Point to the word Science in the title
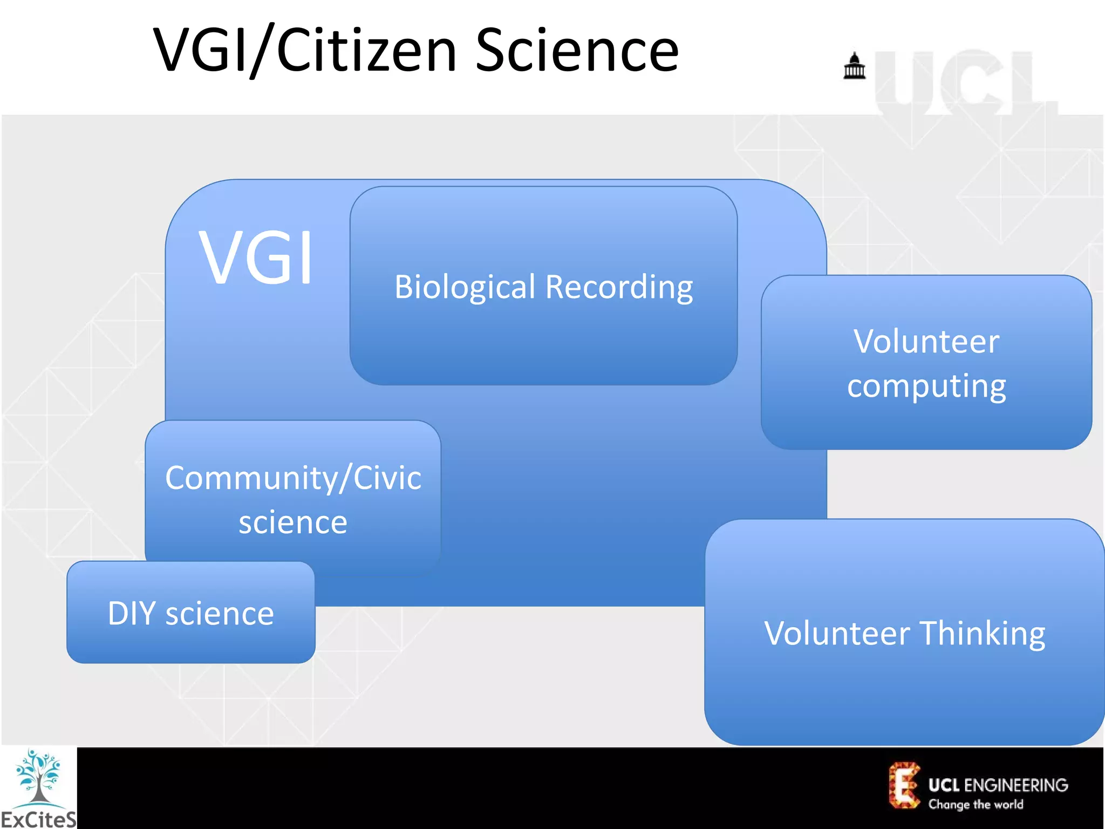click(577, 51)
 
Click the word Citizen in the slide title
click(367, 51)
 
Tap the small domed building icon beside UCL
click(854, 66)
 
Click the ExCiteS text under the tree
click(38, 819)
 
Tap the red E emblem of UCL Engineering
click(904, 785)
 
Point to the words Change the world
click(976, 805)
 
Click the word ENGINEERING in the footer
click(1016, 785)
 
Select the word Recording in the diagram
click(619, 287)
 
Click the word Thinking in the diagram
click(982, 633)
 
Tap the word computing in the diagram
click(926, 386)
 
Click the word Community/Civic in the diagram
click(293, 478)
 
